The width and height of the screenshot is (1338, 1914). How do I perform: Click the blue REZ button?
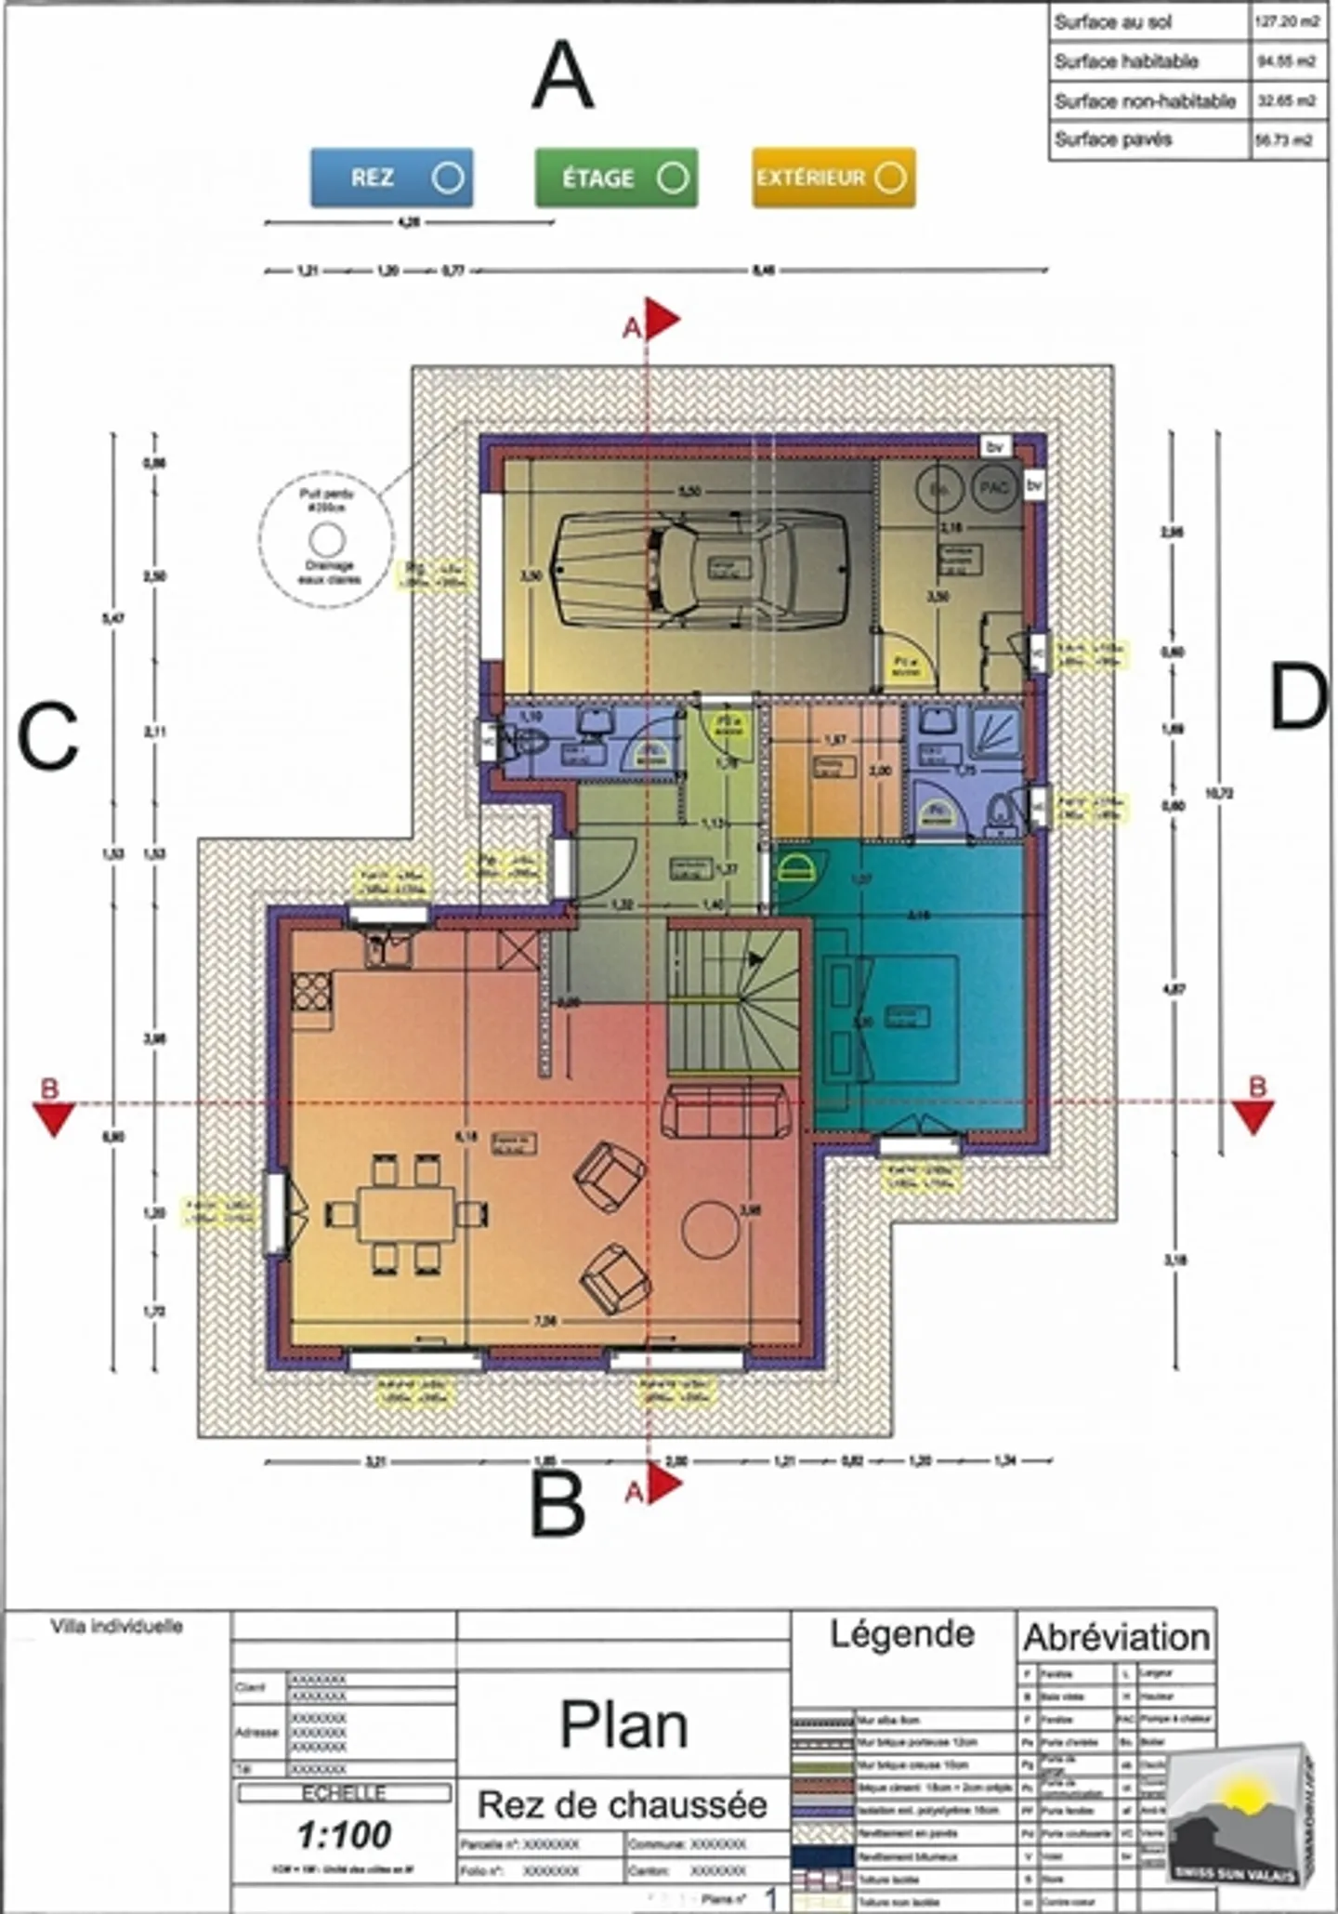(391, 178)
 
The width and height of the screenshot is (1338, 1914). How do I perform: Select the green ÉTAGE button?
(616, 178)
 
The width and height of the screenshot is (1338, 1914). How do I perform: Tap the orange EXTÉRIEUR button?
(833, 178)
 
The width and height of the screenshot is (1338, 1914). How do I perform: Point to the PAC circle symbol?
(994, 487)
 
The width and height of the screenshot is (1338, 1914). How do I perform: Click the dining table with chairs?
(407, 1213)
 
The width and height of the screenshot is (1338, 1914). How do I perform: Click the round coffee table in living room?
(712, 1228)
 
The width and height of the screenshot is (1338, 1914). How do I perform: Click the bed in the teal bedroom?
(890, 1018)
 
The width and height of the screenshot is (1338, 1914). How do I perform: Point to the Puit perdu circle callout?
(326, 538)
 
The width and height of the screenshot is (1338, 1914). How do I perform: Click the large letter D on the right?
(1297, 699)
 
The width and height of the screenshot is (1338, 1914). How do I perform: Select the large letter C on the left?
(47, 736)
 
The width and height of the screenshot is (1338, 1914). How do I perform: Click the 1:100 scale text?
(345, 1834)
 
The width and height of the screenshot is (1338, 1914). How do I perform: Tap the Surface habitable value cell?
(1287, 61)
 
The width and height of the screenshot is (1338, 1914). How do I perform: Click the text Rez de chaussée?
(622, 1804)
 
